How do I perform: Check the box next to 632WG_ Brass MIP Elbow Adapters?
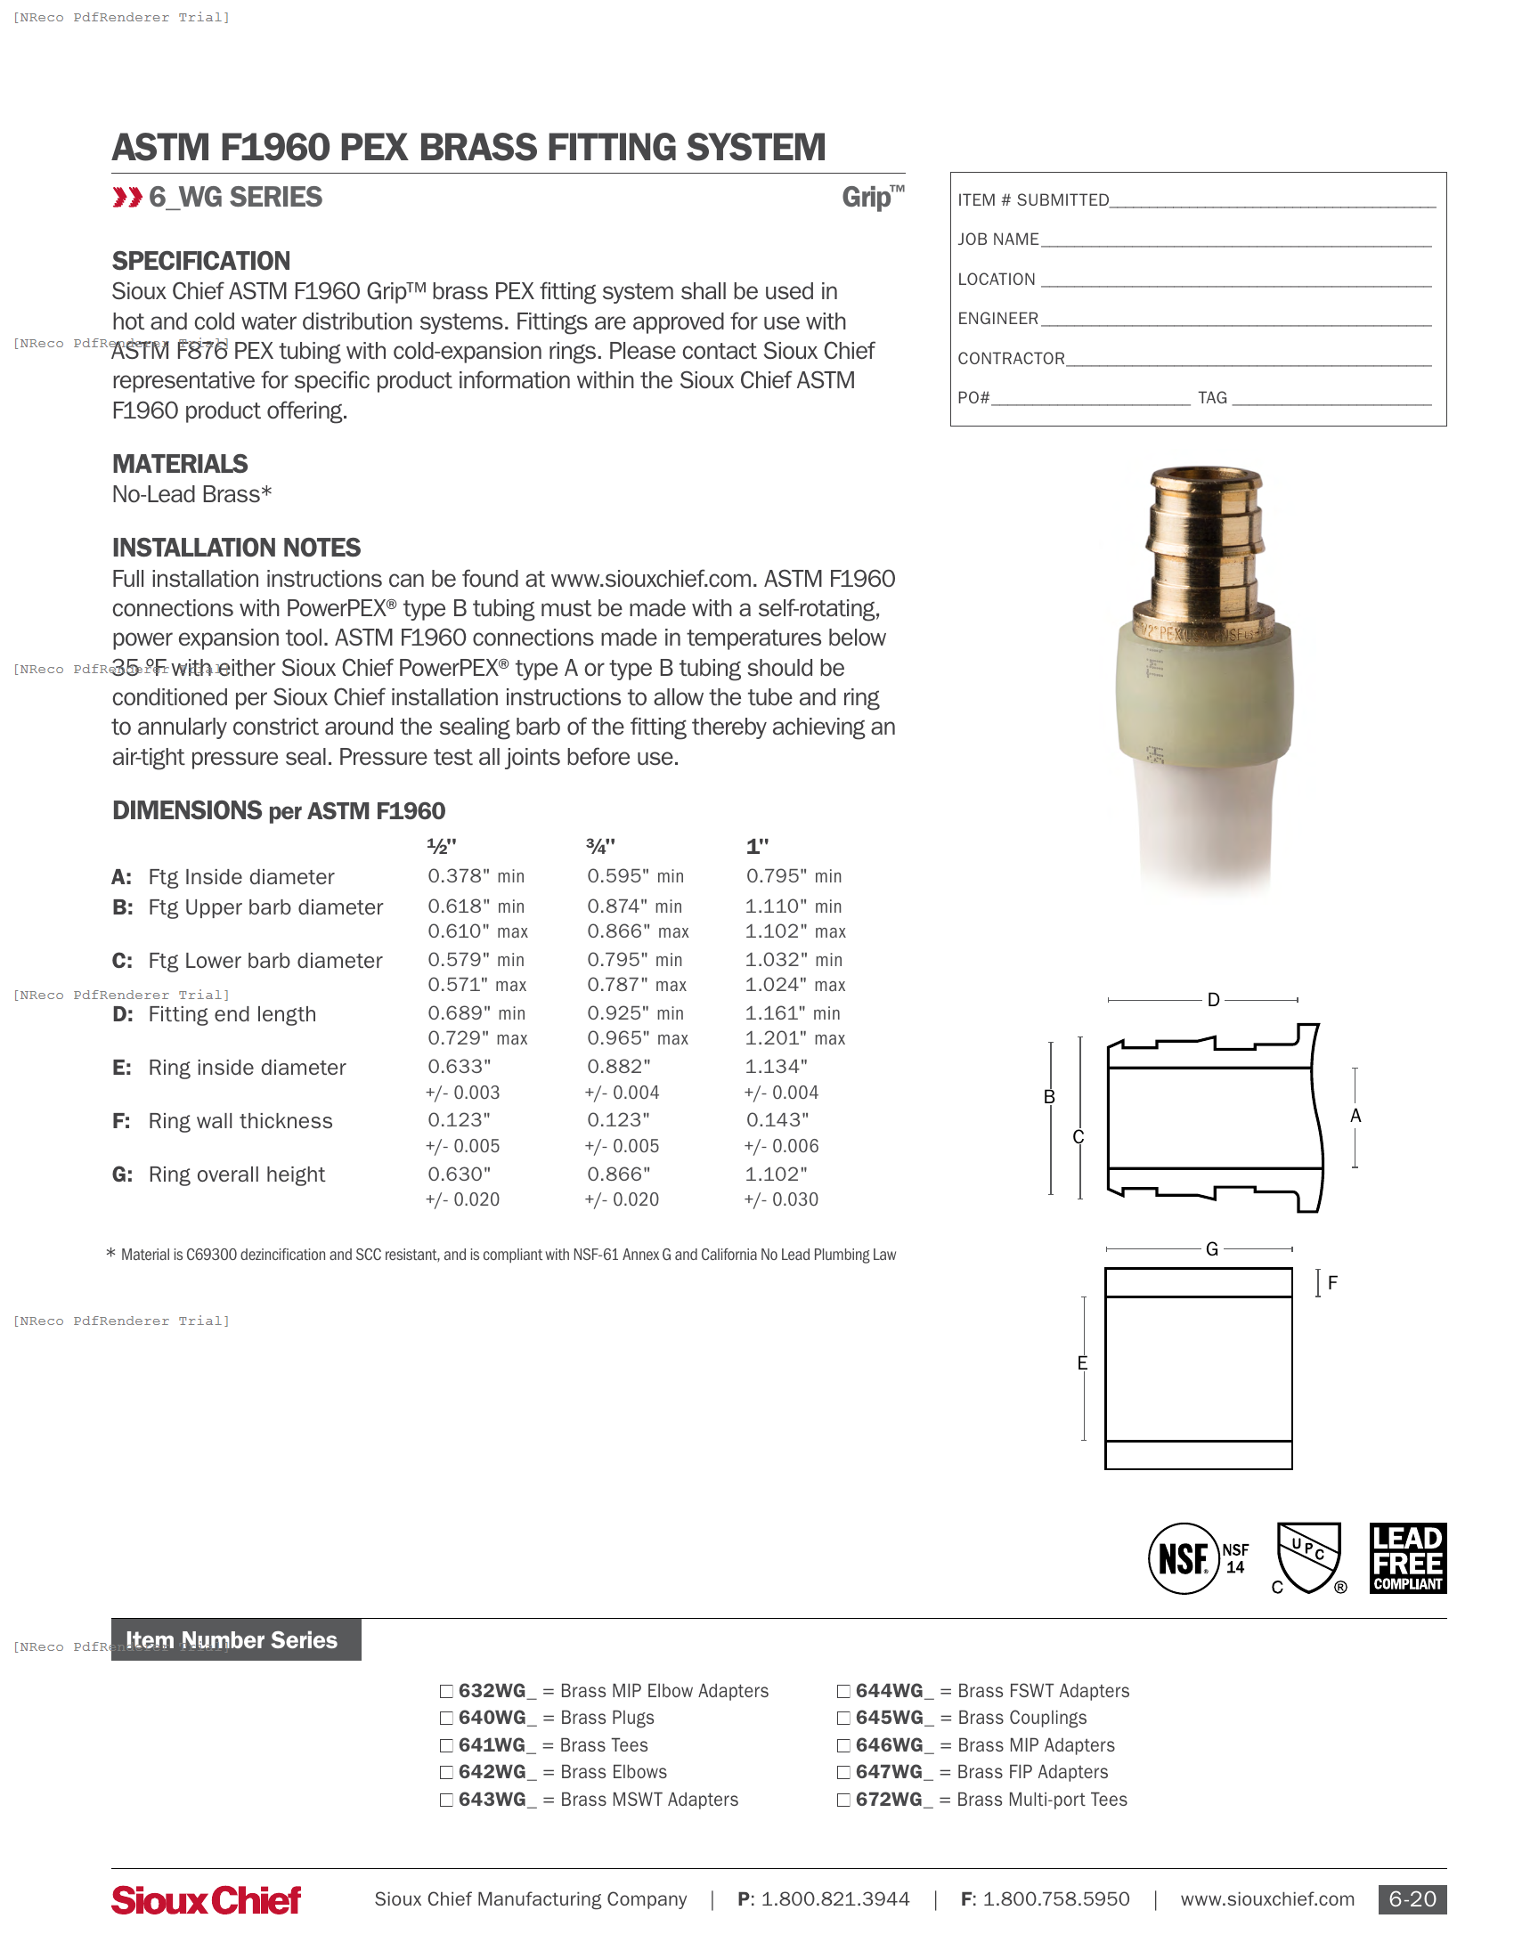[446, 1692]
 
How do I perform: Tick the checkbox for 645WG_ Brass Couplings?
[843, 1719]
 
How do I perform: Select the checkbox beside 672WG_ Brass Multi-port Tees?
[843, 1800]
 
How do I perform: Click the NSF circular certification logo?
[1183, 1559]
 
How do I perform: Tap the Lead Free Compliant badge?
[1407, 1558]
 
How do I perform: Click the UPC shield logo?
[1308, 1557]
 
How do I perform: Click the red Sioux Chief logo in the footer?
[206, 1900]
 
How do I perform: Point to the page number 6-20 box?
[1412, 1899]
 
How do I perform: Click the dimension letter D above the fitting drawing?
[1213, 1000]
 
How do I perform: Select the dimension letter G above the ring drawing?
[1212, 1249]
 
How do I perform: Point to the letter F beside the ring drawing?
[1332, 1283]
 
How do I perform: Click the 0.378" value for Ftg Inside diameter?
[460, 876]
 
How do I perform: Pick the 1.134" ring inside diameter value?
[776, 1067]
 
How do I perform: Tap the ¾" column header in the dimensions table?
[600, 846]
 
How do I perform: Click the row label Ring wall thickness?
[240, 1121]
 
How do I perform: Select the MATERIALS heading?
[179, 464]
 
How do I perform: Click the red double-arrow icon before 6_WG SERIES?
[127, 198]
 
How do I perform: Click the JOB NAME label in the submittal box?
[997, 240]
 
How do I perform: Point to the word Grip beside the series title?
[867, 198]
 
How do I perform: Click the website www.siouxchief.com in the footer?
[1266, 1899]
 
